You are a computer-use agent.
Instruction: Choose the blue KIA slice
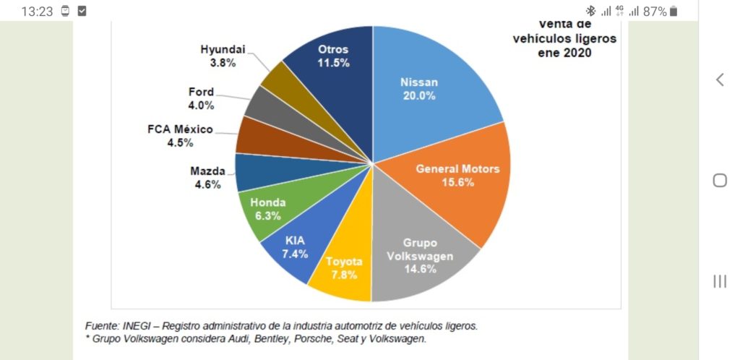pos(293,249)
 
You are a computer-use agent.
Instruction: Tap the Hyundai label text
pos(223,49)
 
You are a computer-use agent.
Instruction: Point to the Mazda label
pos(207,171)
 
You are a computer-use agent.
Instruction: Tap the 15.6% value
pos(457,182)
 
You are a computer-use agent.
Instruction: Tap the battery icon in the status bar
pos(674,12)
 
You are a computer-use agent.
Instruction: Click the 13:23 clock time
pos(37,12)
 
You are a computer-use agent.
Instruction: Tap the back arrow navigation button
pos(720,80)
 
